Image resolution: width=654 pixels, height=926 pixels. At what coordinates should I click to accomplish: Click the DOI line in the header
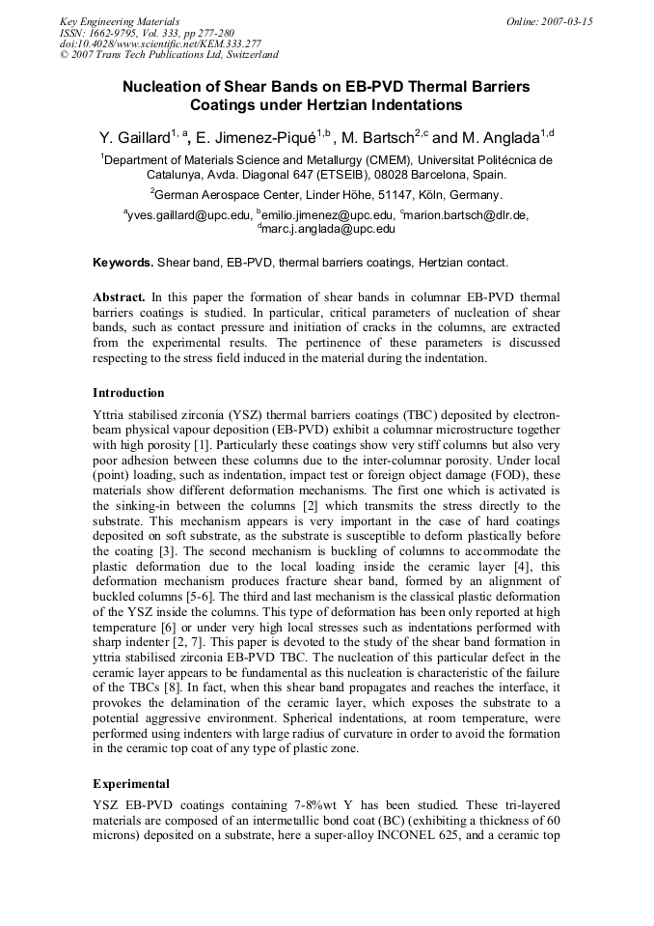(147, 43)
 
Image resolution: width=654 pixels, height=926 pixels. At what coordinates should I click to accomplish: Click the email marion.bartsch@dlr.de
(467, 214)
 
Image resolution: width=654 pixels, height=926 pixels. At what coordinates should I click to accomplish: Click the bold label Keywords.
(123, 263)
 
